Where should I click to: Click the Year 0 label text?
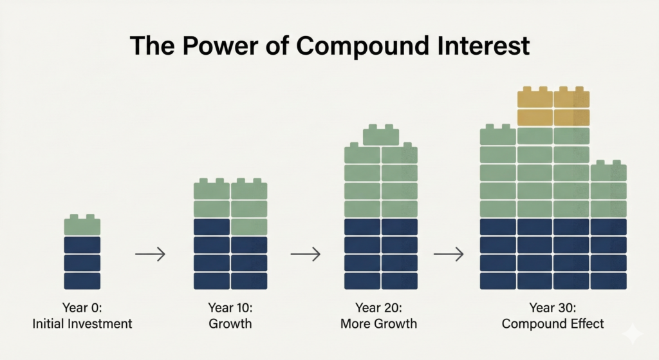coord(82,307)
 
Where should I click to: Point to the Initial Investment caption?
coord(82,323)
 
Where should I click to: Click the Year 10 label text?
coord(230,307)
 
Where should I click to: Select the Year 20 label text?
coord(380,307)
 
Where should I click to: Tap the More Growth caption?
coord(380,323)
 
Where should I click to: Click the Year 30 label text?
coord(553,307)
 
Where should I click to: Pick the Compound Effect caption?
coord(553,323)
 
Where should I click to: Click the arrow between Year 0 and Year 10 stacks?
coord(150,254)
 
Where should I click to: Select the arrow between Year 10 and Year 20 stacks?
coord(305,254)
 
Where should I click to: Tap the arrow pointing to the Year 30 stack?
coord(449,254)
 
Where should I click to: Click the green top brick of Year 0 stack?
coord(82,225)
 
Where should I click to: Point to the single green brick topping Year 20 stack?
coord(380,135)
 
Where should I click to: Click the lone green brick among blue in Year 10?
coord(249,227)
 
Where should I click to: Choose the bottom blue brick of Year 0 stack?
coord(82,281)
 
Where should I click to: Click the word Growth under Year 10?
coord(230,323)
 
